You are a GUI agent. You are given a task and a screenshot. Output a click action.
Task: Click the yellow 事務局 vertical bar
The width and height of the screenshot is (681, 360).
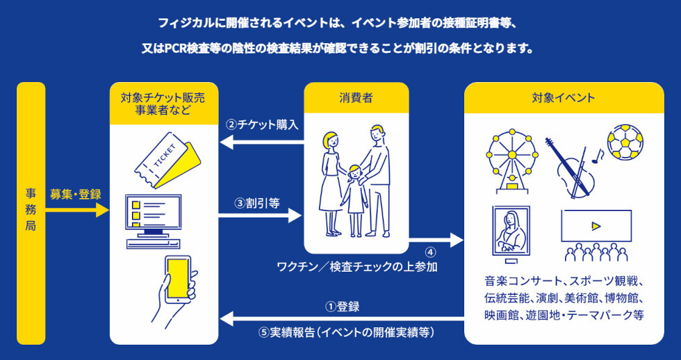point(31,213)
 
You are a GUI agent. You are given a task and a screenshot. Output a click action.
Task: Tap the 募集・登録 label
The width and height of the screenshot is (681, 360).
point(75,195)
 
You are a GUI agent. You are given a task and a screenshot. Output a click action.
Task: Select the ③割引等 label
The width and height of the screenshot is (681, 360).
point(257,204)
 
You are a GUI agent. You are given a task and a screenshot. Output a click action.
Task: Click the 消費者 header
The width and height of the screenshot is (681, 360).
point(356,98)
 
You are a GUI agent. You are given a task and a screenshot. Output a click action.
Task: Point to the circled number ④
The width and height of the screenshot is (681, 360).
point(430,252)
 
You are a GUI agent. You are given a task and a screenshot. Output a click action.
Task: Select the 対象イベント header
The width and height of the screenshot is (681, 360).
point(563,98)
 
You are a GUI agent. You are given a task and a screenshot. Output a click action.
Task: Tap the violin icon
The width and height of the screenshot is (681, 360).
point(572,167)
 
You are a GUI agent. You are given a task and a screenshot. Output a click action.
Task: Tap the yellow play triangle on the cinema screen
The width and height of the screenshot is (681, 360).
point(595,226)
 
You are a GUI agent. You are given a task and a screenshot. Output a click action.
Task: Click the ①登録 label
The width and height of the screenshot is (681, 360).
point(343,306)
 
